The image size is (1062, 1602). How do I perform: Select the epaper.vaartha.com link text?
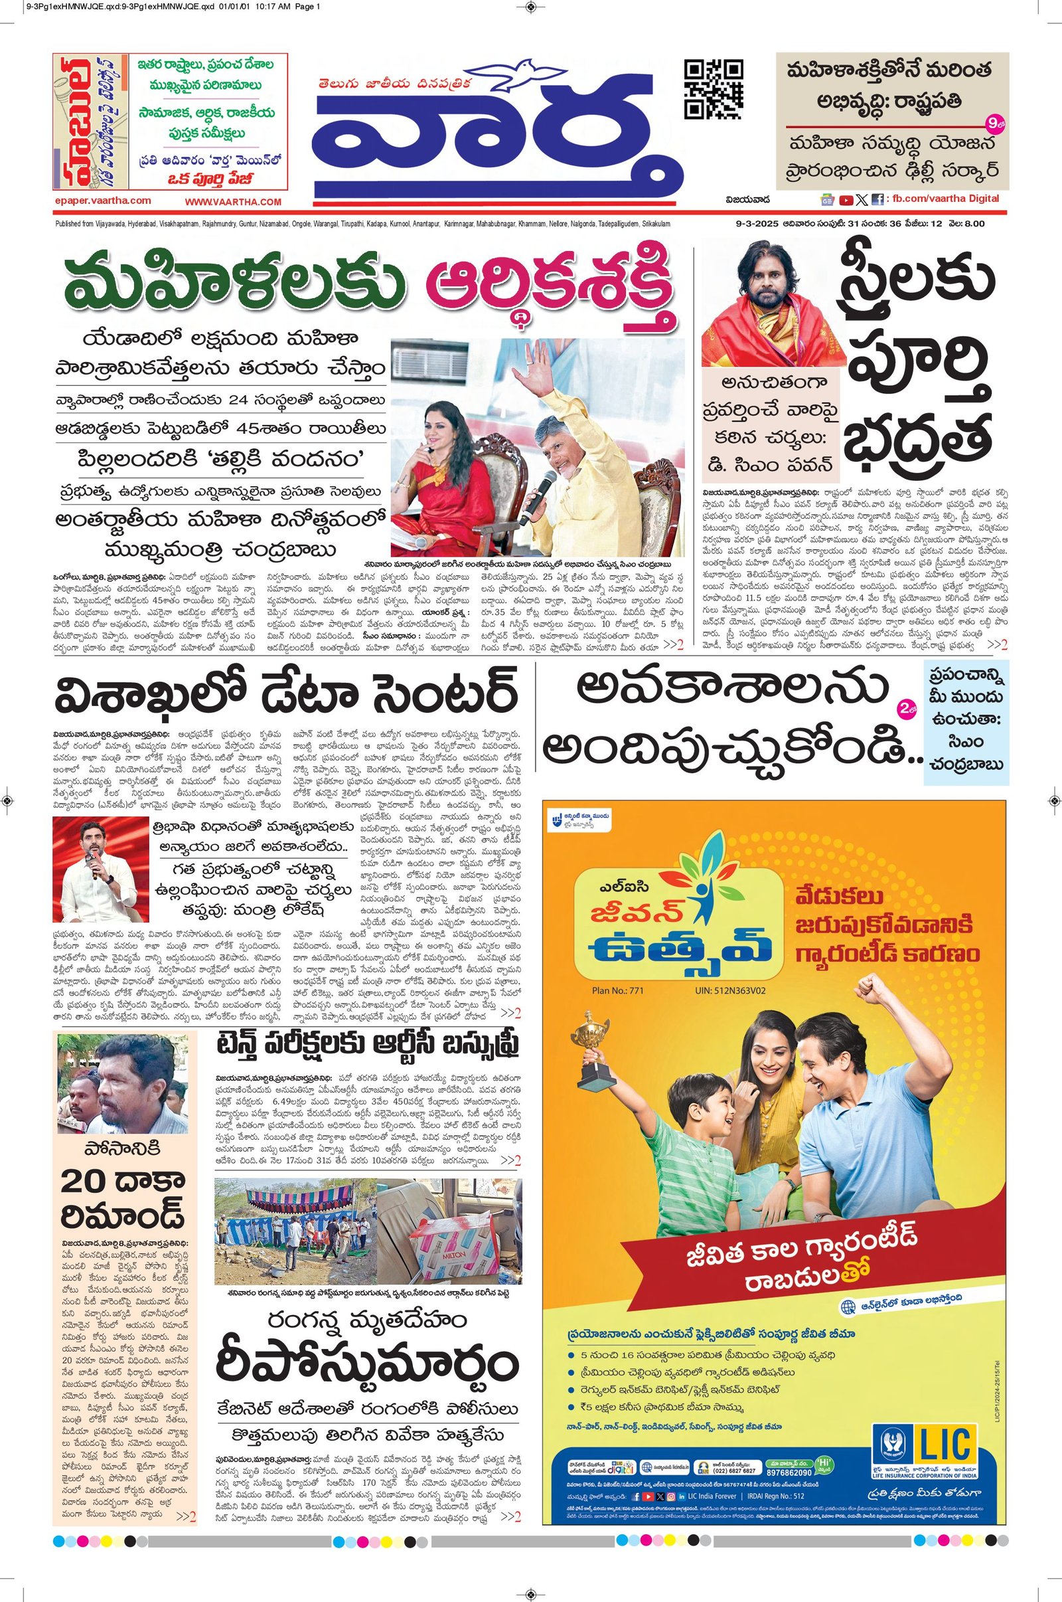[103, 201]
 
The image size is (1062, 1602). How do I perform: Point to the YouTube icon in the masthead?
[845, 200]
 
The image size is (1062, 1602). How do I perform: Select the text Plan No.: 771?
[618, 990]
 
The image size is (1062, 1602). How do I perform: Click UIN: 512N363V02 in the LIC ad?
[730, 990]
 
